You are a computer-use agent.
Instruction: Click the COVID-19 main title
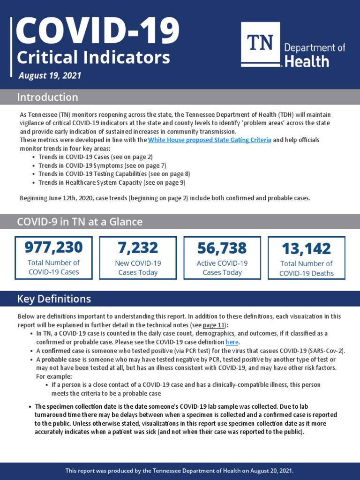click(97, 30)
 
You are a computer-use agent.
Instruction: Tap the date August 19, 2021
click(50, 75)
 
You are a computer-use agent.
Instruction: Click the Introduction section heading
click(47, 97)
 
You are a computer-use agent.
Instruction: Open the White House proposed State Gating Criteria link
click(210, 140)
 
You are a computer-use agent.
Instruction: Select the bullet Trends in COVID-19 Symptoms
click(102, 165)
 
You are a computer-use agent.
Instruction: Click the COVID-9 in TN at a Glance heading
click(80, 222)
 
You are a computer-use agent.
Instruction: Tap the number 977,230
click(53, 247)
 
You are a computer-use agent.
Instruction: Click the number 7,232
click(138, 247)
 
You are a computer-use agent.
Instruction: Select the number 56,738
click(222, 247)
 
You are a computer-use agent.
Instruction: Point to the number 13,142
click(306, 248)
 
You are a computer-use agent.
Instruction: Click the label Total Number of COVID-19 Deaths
click(306, 269)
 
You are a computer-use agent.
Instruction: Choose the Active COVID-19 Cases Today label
click(222, 268)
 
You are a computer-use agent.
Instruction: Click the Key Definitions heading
click(54, 299)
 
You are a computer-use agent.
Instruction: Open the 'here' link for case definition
click(232, 342)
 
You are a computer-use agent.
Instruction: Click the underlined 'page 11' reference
click(214, 325)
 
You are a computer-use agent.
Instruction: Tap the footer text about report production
click(180, 471)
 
